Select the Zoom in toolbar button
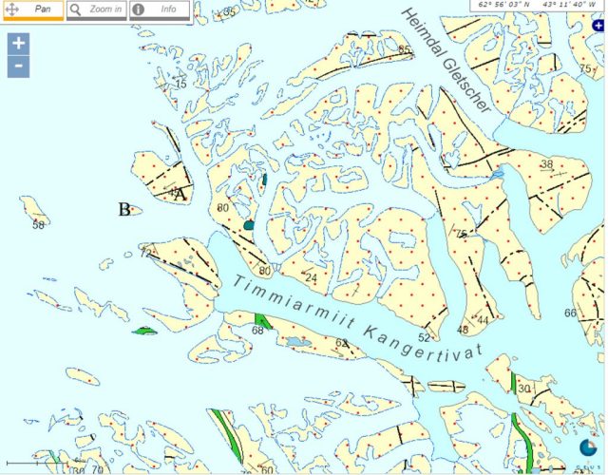click(96, 9)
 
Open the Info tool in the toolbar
click(160, 9)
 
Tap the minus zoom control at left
click(19, 67)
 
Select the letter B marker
click(124, 209)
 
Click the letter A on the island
click(180, 193)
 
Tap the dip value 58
click(38, 225)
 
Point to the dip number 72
click(146, 253)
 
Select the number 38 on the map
click(546, 164)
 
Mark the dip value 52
click(424, 337)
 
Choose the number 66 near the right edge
click(570, 313)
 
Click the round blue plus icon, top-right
click(598, 27)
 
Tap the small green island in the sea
click(144, 331)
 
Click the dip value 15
click(180, 85)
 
